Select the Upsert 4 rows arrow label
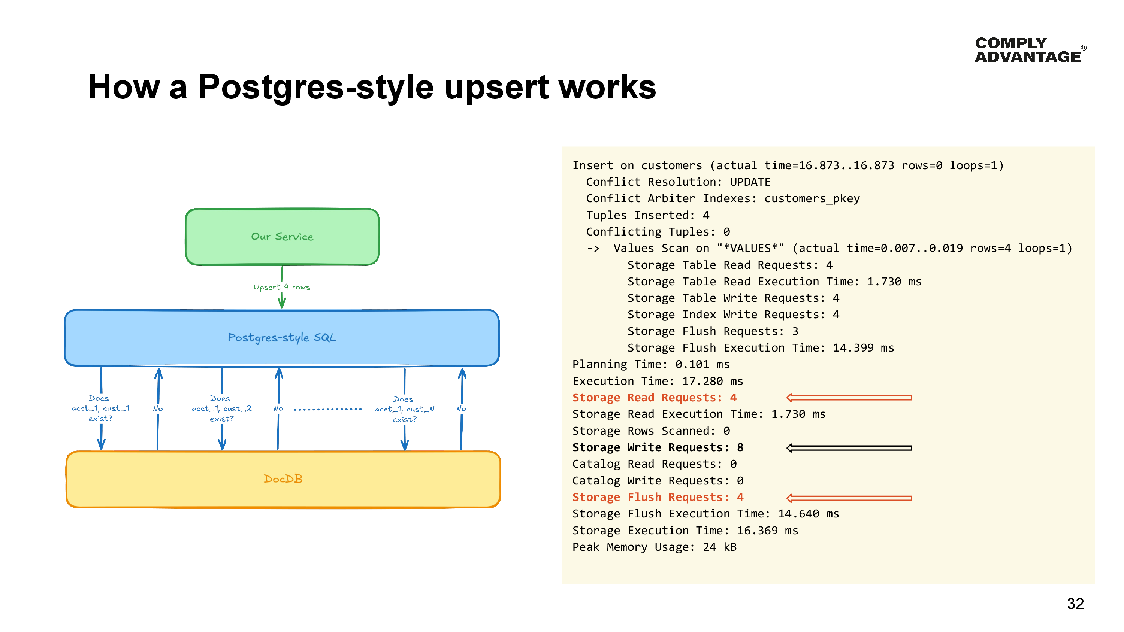click(281, 287)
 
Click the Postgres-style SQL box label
click(281, 338)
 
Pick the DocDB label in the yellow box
click(283, 478)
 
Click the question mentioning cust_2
click(221, 409)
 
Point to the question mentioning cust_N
click(404, 409)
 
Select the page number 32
click(1075, 604)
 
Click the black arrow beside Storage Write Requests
click(849, 448)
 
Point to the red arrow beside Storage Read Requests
click(849, 398)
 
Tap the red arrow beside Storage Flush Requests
click(849, 498)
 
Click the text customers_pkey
click(812, 198)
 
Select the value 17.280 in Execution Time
click(702, 381)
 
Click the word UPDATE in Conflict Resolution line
click(750, 182)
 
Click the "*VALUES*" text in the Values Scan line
click(750, 248)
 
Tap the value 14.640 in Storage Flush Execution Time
click(798, 514)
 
